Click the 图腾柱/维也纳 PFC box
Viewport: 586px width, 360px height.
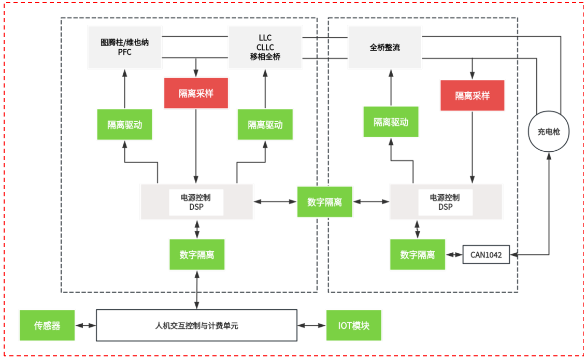(x=124, y=47)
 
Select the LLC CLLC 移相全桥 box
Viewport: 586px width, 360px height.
(x=265, y=47)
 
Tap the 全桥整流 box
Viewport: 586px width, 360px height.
(x=384, y=47)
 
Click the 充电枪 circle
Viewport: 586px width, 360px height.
(x=549, y=132)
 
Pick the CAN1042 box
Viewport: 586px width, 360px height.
(x=486, y=255)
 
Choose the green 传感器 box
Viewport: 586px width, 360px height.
(x=47, y=325)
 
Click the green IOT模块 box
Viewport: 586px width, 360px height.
(x=353, y=325)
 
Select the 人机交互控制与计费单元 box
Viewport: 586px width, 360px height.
(x=196, y=325)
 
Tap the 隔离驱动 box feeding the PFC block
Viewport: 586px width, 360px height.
(x=124, y=124)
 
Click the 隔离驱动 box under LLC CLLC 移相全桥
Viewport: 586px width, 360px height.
(x=265, y=124)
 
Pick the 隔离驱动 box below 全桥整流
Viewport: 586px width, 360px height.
(x=391, y=122)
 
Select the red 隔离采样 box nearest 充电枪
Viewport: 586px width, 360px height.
(x=473, y=96)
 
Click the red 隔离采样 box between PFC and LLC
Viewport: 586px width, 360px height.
(x=196, y=93)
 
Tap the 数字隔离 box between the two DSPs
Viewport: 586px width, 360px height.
(x=324, y=202)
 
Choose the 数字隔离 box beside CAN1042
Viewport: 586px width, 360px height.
(x=418, y=255)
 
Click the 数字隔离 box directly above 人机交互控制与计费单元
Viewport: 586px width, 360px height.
(x=197, y=255)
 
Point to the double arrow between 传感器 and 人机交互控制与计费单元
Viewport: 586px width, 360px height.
(x=85, y=326)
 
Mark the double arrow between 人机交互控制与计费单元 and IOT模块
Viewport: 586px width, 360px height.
(x=312, y=326)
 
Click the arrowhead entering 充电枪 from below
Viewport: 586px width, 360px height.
(x=549, y=156)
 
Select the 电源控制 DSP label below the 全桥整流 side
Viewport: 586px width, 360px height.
(x=445, y=202)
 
